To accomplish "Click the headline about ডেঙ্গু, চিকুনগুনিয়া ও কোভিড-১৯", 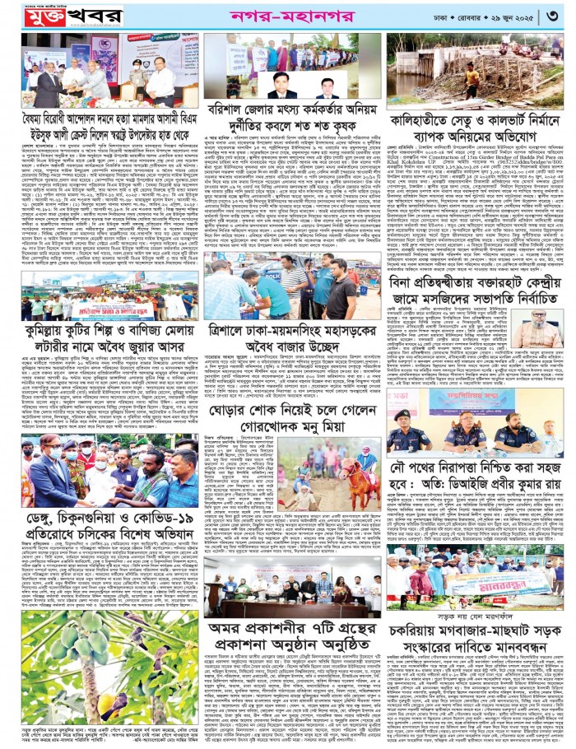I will pos(103,531).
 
